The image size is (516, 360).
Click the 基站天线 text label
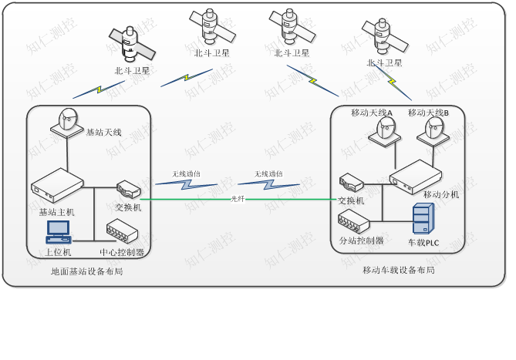(x=103, y=133)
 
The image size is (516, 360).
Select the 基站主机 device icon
(x=57, y=186)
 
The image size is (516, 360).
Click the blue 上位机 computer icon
(x=59, y=232)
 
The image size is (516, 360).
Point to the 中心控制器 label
(x=122, y=252)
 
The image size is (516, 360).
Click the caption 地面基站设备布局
(x=87, y=271)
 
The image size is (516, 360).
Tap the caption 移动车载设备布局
(x=399, y=270)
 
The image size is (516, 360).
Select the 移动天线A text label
(x=372, y=113)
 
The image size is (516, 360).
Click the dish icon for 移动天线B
(x=433, y=130)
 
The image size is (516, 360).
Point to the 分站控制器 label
(x=362, y=241)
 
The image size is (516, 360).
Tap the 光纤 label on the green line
(x=238, y=199)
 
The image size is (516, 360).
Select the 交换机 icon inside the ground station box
(x=128, y=189)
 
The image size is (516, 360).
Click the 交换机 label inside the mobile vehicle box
(x=351, y=201)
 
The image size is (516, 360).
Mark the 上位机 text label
(x=58, y=252)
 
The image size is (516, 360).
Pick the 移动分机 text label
(x=441, y=195)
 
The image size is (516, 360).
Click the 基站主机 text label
(x=57, y=212)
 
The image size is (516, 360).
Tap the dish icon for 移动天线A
(x=385, y=130)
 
